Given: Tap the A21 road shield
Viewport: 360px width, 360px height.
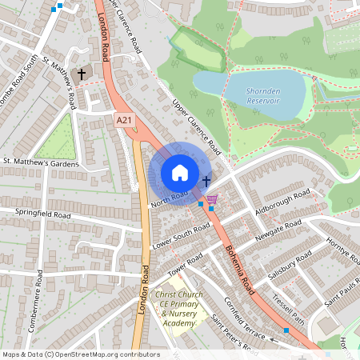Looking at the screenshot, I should pyautogui.click(x=122, y=120).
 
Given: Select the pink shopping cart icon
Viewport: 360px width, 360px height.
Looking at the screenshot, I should pyautogui.click(x=211, y=199).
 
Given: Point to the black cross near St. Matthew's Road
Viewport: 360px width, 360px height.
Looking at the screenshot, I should pyautogui.click(x=81, y=74).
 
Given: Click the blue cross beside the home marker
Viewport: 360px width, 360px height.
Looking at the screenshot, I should pyautogui.click(x=206, y=182).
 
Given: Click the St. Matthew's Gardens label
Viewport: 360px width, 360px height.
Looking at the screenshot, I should pyautogui.click(x=42, y=163).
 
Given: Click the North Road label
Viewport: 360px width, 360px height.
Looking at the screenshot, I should pyautogui.click(x=170, y=197).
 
